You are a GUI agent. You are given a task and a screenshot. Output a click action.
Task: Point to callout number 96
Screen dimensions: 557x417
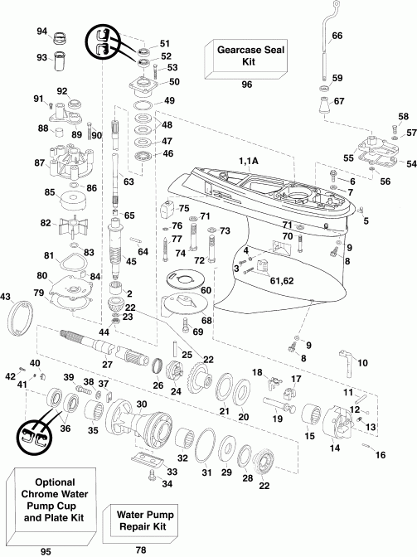(x=246, y=85)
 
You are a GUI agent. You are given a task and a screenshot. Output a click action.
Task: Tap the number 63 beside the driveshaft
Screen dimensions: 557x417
(x=128, y=180)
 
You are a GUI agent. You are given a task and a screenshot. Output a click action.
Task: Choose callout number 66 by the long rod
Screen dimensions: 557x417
(x=337, y=36)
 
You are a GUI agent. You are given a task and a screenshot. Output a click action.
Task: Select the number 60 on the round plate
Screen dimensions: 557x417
(x=206, y=290)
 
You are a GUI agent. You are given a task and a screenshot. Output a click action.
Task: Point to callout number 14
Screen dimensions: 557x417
(x=336, y=448)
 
